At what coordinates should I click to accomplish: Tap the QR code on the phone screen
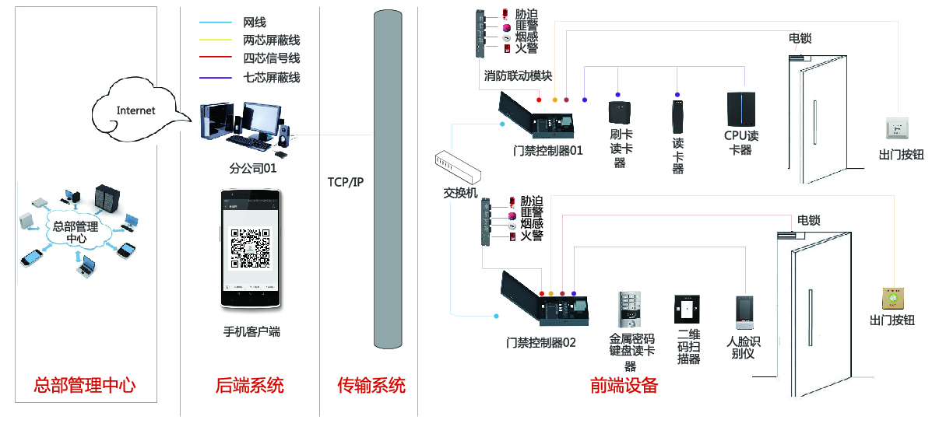pos(250,247)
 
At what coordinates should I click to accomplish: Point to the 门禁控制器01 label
pos(548,151)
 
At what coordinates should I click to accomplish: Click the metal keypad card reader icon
pos(631,310)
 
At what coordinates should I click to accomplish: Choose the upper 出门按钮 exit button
pos(899,128)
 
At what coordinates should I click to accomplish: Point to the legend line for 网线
pos(215,23)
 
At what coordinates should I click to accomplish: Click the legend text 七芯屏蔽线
pos(271,77)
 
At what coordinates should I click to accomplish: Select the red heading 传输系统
pos(371,385)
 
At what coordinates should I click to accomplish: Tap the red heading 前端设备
pos(624,385)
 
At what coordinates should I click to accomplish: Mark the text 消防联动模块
pos(518,76)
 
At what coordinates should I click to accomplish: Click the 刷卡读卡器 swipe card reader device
pos(620,114)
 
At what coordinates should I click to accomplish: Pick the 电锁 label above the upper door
pos(800,38)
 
